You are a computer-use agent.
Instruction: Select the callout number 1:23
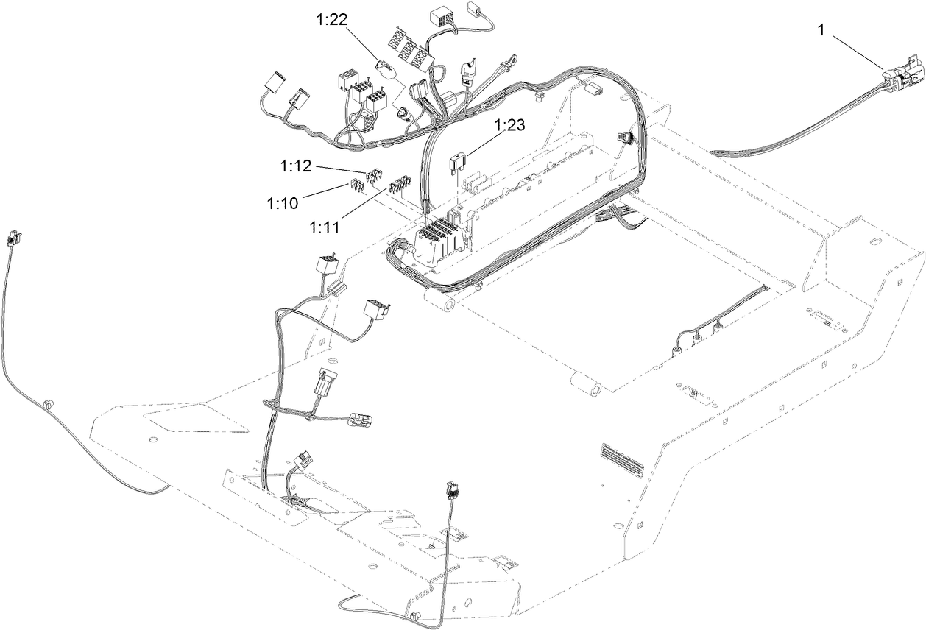pos(509,125)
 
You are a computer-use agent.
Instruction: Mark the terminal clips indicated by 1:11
pos(399,183)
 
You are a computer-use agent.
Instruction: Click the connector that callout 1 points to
pos(901,74)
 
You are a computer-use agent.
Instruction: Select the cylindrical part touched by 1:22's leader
pos(386,68)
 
